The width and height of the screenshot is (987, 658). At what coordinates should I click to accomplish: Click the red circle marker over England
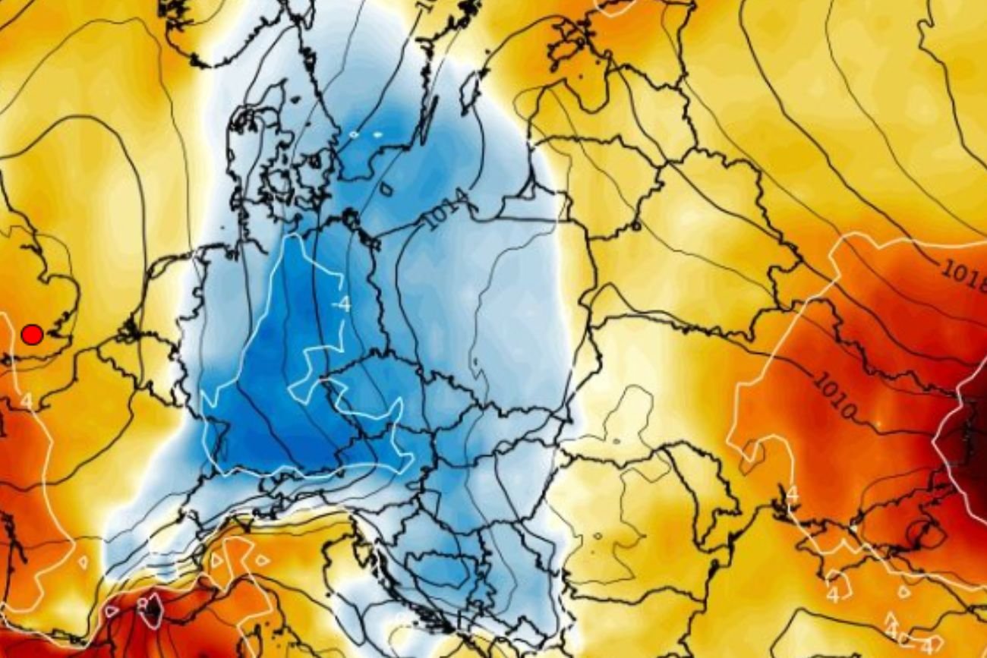click(x=31, y=334)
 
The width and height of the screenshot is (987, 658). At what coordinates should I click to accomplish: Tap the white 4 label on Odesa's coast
click(x=793, y=494)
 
